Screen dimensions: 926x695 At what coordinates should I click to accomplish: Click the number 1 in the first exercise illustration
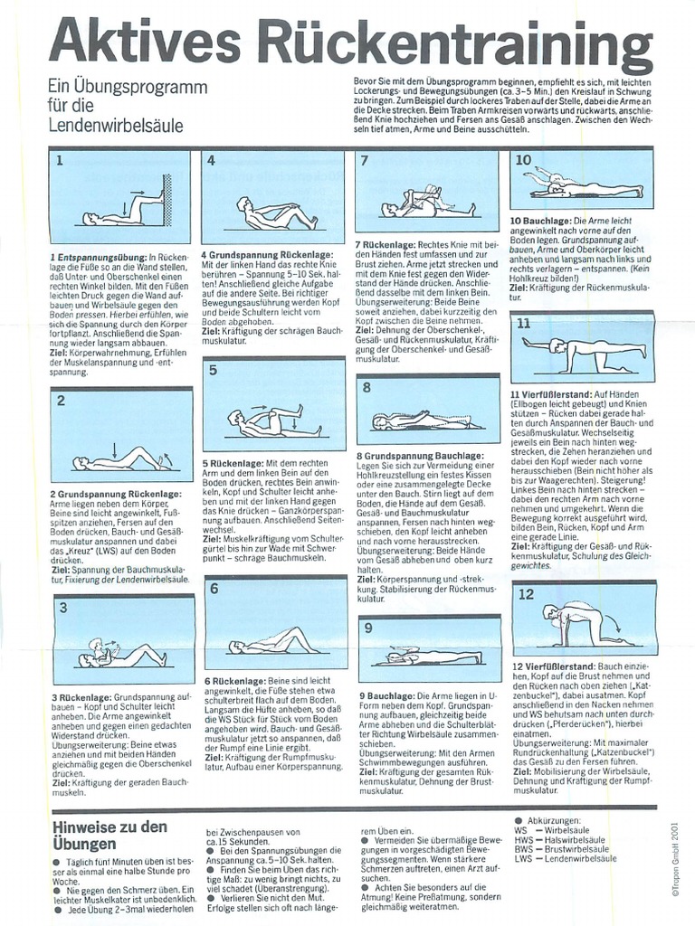59,163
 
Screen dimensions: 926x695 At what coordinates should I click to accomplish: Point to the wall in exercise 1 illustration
167,199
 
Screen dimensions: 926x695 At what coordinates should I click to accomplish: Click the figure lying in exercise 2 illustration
118,459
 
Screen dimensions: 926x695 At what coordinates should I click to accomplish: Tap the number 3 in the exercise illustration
62,608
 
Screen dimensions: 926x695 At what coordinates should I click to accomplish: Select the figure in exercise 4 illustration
276,214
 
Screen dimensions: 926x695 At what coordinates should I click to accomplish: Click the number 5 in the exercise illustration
213,370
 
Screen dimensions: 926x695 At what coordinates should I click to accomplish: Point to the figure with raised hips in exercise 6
271,643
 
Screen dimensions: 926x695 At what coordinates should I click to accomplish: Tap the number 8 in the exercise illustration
367,388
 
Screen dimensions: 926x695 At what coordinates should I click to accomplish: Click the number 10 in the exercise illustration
523,161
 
